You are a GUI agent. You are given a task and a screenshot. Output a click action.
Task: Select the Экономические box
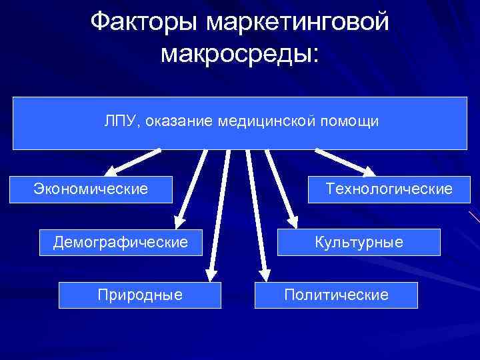tap(91, 189)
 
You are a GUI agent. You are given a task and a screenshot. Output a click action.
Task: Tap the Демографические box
tap(120, 242)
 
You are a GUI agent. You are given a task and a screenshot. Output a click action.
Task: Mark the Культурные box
tap(359, 242)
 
